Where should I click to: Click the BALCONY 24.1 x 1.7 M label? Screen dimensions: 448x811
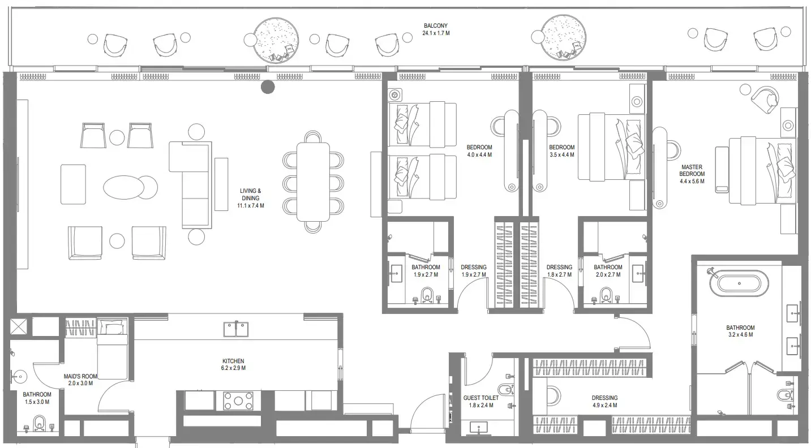coord(436,29)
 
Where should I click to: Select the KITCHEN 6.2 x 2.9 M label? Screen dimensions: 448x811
coord(233,364)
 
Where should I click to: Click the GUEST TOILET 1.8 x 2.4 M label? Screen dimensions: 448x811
coord(481,402)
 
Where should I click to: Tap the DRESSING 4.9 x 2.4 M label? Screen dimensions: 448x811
coord(604,402)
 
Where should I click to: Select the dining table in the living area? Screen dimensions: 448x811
coord(313,182)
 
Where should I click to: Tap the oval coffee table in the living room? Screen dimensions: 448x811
coord(124,187)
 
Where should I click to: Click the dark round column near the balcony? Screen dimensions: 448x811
coord(267,87)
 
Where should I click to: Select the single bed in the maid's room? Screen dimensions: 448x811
coord(112,350)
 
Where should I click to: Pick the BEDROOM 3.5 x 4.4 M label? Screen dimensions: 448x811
coord(561,150)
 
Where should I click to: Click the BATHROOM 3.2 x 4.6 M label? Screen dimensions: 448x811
coord(740,331)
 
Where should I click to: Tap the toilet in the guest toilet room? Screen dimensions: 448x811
coord(503,390)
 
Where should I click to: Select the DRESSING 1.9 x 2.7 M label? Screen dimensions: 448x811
coord(474,271)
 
